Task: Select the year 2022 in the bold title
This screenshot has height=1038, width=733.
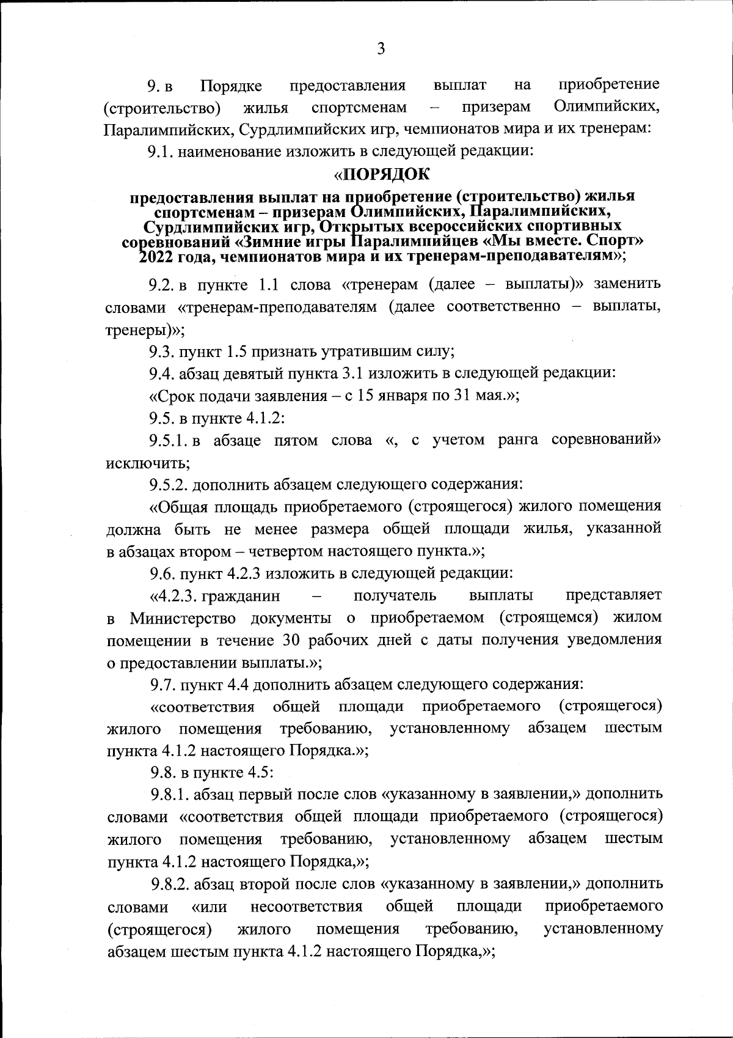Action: coord(156,256)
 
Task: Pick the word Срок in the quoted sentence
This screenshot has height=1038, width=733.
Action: coord(173,396)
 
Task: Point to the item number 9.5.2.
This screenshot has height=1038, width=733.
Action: coord(169,485)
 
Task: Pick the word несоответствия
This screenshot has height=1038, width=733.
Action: coord(307,906)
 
